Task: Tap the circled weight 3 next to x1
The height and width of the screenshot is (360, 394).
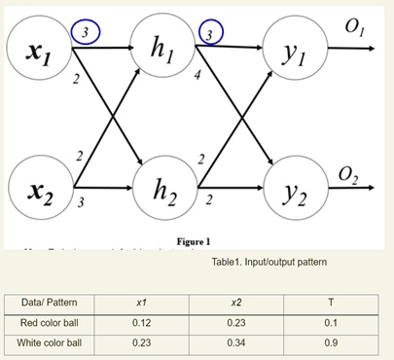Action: point(87,32)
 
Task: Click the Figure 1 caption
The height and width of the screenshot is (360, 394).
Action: point(194,240)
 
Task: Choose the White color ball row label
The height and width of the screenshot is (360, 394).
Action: point(51,343)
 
